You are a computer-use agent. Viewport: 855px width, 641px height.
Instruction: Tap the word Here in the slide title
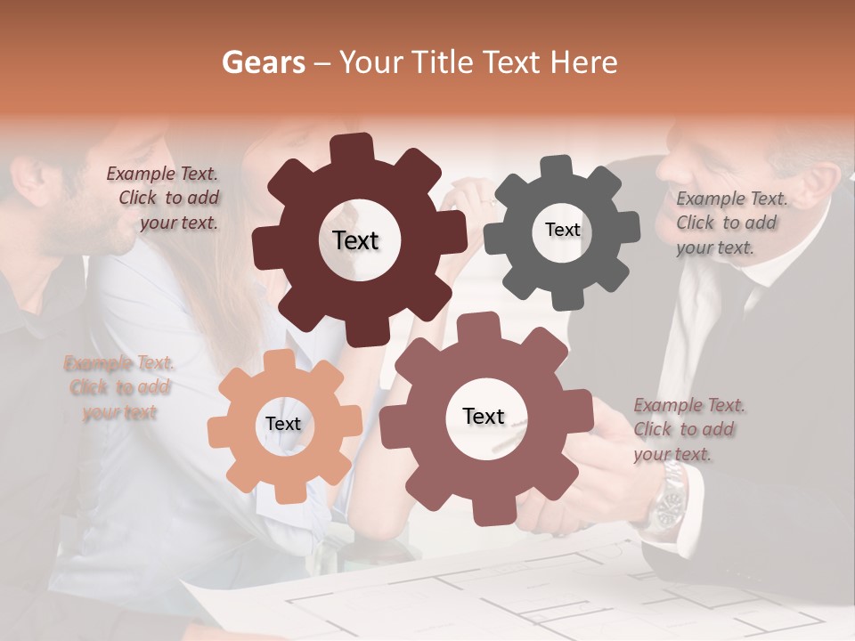click(584, 62)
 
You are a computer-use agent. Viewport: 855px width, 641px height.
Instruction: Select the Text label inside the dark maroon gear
click(355, 240)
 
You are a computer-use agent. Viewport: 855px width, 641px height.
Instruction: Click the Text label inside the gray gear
click(562, 230)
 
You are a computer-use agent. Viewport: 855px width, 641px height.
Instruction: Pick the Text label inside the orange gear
click(283, 424)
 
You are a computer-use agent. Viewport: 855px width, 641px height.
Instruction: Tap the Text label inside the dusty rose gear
click(484, 416)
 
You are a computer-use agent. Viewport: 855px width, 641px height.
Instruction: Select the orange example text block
click(119, 387)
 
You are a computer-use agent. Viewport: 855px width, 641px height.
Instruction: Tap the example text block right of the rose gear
click(688, 429)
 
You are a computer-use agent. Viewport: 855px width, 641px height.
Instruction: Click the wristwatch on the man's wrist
click(667, 502)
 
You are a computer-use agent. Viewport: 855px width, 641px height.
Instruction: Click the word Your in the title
click(367, 62)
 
